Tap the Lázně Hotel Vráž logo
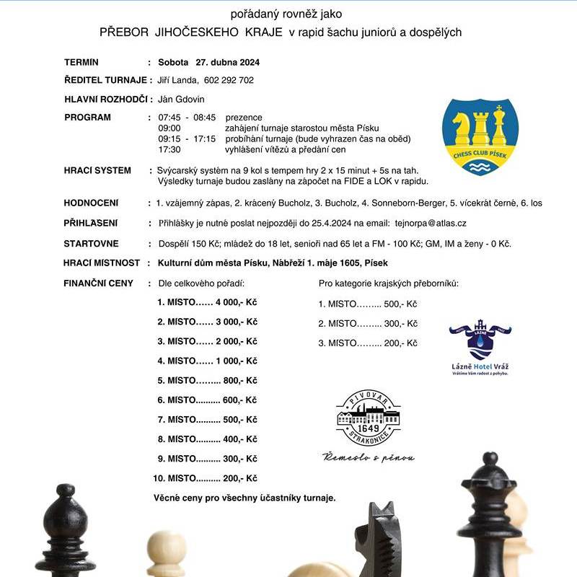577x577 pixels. point(480,346)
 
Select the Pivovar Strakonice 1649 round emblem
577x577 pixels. point(369,418)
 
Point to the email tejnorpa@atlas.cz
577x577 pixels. point(427,224)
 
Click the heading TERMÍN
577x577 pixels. point(82,62)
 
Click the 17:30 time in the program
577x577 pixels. point(169,149)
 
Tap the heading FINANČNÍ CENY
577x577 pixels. point(98,283)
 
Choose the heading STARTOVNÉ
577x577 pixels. point(91,244)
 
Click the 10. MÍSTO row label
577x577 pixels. point(174,478)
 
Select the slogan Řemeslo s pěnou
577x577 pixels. point(369,457)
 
